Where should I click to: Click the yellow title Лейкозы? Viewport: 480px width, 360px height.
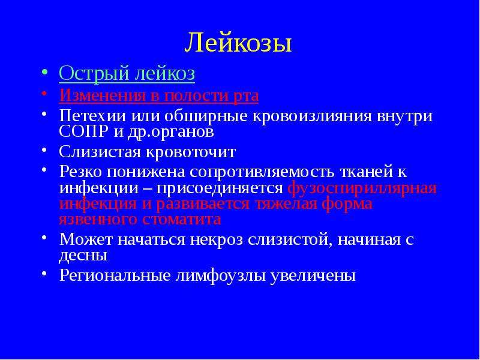238,42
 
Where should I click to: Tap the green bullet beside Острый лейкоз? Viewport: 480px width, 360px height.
44,72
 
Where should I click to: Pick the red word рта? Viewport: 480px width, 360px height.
246,97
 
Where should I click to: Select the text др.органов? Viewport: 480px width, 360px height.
170,133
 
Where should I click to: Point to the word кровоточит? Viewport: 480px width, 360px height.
190,152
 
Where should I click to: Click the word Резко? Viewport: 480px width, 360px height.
80,172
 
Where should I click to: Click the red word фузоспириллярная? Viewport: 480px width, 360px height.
362,188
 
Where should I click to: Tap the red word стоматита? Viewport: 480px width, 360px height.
181,220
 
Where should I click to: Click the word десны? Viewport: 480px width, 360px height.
83,256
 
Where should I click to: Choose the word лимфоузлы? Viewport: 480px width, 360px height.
220,275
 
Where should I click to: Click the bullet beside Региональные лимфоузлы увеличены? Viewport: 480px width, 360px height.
44,272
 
